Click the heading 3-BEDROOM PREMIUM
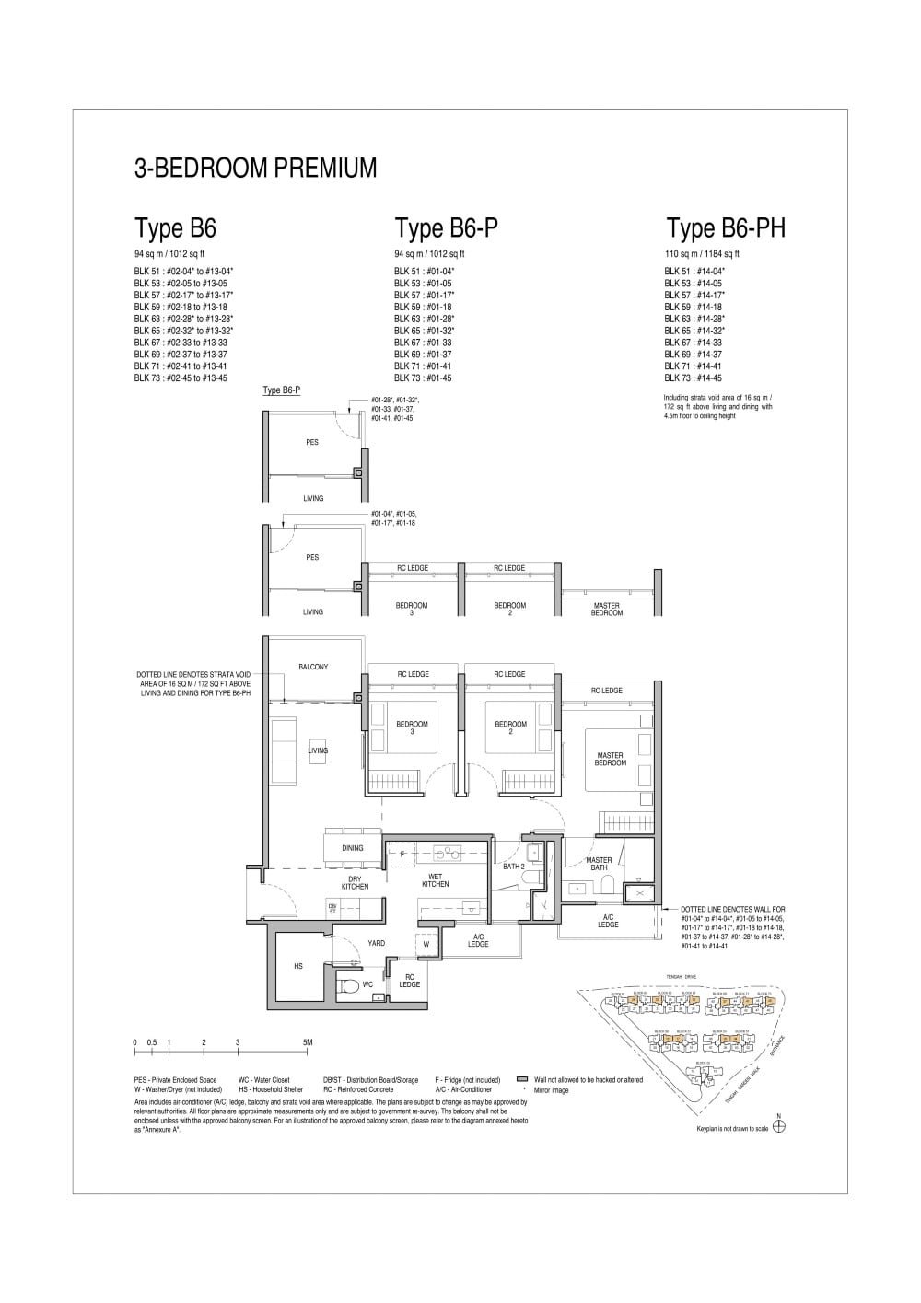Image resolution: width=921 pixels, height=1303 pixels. point(255,169)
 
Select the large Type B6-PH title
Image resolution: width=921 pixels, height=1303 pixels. point(726,228)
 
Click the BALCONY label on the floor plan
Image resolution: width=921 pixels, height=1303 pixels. point(313,667)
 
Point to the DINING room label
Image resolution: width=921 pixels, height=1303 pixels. point(352,848)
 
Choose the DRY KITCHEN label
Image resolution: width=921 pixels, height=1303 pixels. point(355,882)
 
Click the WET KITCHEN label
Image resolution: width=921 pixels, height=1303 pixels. point(435,880)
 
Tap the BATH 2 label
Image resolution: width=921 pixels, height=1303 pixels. point(513,867)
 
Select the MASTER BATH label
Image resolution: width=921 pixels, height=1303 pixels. point(599,864)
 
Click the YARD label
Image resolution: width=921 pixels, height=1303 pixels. point(376,943)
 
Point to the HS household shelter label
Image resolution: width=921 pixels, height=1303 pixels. point(297,967)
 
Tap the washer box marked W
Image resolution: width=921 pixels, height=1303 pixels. point(426,944)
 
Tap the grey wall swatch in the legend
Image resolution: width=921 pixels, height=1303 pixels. point(522,1079)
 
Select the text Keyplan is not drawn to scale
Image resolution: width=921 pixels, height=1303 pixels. point(732,1128)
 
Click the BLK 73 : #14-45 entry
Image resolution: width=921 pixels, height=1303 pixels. point(693,378)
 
